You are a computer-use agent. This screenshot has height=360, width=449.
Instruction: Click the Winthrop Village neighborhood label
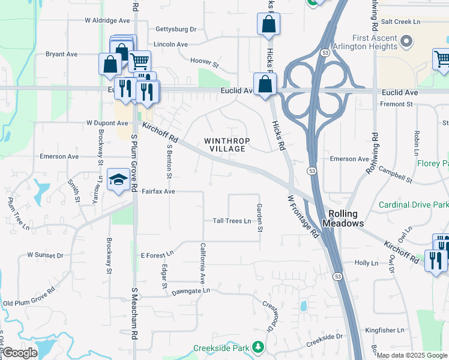pos(225,145)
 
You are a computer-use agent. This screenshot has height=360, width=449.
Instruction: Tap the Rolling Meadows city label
pos(343,218)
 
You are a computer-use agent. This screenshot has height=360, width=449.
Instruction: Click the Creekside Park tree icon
pos(258,347)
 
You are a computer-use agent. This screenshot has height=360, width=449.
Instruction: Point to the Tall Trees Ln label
pos(232,221)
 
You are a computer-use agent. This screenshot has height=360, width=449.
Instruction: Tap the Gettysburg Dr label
pos(176,29)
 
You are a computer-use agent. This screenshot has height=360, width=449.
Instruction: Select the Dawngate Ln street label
pos(190,290)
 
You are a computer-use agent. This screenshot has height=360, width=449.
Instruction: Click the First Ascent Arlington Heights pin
pos(408,41)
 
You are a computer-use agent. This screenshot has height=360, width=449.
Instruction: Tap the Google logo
pos(19,353)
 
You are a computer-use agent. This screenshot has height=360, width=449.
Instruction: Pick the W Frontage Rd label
pos(303,216)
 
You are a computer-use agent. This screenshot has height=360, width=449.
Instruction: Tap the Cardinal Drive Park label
pos(413,205)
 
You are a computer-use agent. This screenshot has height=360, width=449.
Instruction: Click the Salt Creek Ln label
pos(400,22)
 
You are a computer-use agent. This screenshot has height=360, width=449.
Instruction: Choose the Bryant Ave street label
pos(62,54)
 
